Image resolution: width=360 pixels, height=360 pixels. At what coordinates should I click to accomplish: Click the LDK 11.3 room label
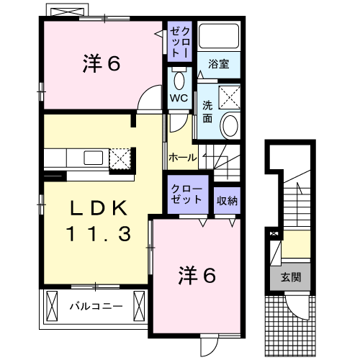(x=99, y=221)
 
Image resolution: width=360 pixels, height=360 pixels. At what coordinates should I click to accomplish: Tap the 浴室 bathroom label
(x=219, y=64)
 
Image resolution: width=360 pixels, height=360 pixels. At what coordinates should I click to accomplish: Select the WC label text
(x=179, y=98)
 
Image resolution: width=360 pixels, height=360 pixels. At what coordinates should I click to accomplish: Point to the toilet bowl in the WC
(x=179, y=80)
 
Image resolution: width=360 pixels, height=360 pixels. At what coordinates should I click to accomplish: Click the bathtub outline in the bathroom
(x=219, y=36)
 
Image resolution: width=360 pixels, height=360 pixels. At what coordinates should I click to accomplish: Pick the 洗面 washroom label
(x=207, y=112)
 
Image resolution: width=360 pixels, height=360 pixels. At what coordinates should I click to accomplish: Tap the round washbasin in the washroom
(x=230, y=125)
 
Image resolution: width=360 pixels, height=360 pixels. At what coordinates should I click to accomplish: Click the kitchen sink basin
(x=94, y=158)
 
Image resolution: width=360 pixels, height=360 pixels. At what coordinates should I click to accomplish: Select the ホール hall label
(x=183, y=158)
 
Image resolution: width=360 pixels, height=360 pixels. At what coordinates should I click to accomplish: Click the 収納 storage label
(x=227, y=201)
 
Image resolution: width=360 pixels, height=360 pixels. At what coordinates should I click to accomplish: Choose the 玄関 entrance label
(x=291, y=277)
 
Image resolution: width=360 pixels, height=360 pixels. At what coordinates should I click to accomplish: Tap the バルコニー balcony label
(x=96, y=306)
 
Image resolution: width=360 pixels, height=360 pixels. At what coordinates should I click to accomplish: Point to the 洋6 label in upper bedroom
(x=102, y=63)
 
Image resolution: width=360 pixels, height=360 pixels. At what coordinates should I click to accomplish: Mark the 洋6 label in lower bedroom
(x=197, y=276)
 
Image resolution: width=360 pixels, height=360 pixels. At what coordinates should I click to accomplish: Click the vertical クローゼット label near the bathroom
(x=180, y=42)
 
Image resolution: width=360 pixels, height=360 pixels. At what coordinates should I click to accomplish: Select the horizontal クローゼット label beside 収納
(x=186, y=194)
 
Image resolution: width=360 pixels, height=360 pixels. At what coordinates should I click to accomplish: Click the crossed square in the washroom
(x=229, y=97)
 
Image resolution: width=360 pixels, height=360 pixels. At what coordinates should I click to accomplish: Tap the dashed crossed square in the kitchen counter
(x=120, y=159)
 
